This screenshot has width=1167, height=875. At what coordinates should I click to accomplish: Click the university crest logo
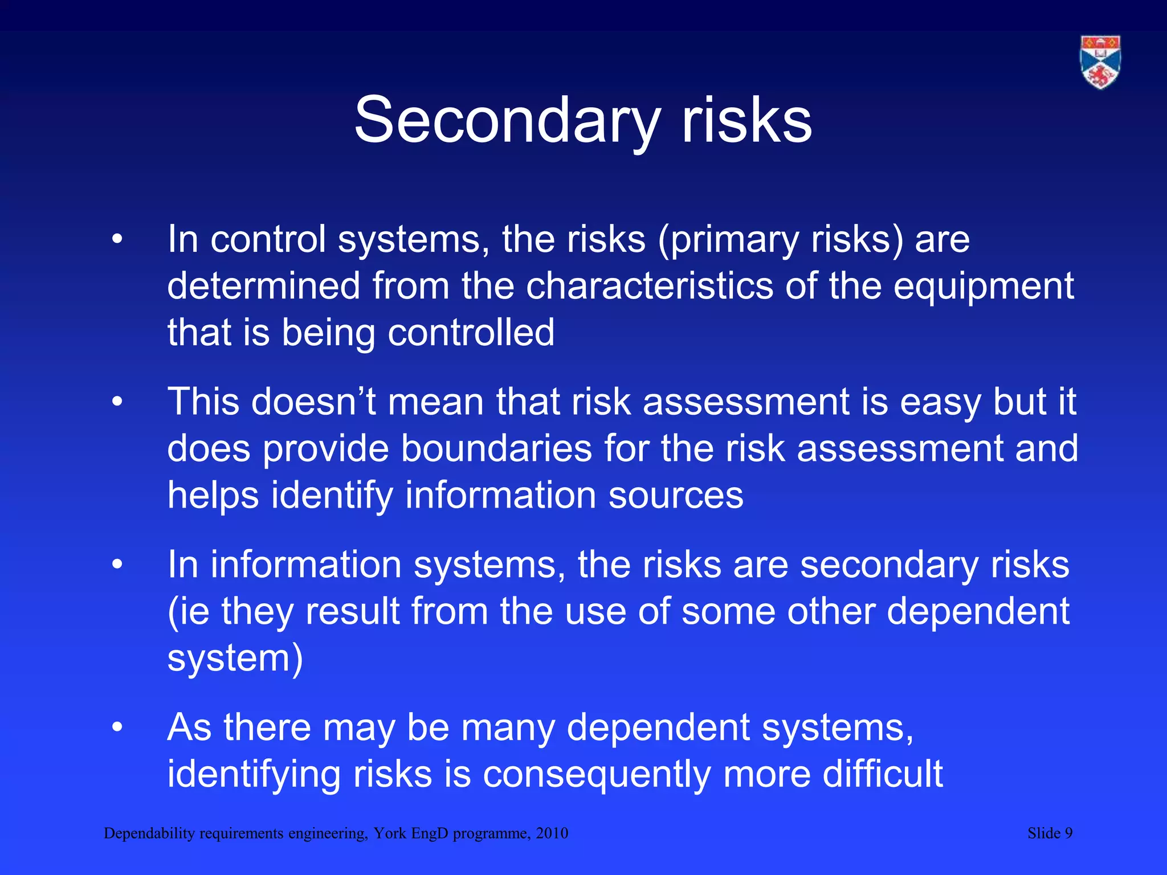[1100, 62]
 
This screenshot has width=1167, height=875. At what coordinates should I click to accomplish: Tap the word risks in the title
[746, 121]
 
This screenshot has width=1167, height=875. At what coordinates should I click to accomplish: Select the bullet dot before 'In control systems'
[117, 239]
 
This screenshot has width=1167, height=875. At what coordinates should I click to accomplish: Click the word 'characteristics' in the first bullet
[649, 286]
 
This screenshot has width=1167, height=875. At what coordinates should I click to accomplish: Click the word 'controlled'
[471, 332]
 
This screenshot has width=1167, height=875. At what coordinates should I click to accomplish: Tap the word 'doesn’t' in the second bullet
[313, 402]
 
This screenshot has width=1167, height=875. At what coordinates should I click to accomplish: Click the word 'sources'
[676, 496]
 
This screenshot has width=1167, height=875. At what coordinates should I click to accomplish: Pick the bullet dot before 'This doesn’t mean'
[117, 402]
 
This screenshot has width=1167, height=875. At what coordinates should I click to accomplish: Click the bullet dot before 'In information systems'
[117, 565]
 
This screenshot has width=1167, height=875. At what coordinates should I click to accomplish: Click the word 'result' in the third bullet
[352, 611]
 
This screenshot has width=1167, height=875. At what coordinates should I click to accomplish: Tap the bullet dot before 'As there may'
[117, 727]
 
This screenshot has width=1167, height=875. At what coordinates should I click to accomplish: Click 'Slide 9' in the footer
[1050, 833]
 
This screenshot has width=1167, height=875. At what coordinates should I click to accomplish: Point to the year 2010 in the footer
[552, 833]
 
